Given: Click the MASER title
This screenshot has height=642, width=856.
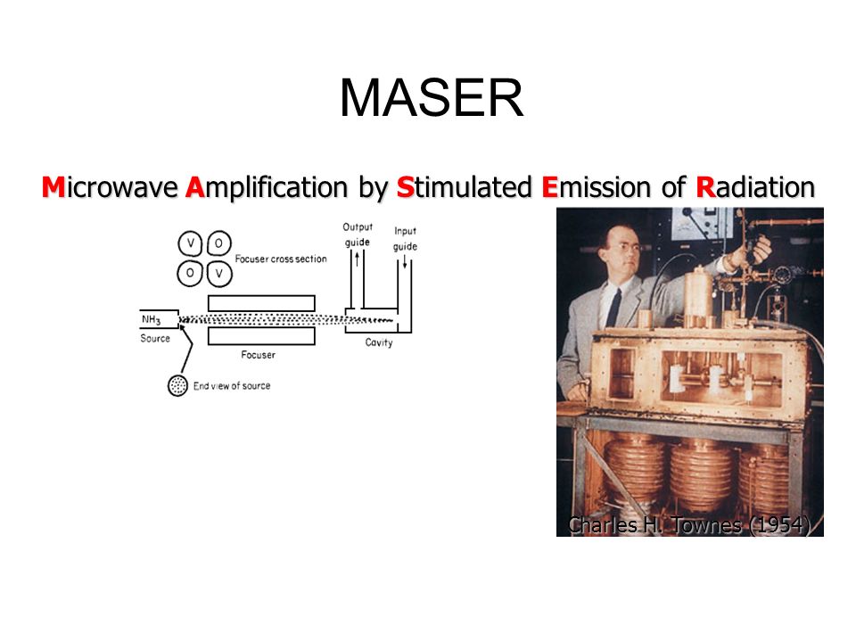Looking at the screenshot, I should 431,98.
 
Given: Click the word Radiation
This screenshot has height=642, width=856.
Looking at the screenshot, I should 755,187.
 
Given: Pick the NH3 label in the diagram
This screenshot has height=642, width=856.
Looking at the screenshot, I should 151,318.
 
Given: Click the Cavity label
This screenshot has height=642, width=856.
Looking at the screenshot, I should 379,342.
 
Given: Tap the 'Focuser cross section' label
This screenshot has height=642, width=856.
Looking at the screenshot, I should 281,259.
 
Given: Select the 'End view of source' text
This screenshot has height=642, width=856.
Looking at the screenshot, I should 233,385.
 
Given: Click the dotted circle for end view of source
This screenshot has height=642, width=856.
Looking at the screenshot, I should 178,385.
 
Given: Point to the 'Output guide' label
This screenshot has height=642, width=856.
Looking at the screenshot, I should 358,234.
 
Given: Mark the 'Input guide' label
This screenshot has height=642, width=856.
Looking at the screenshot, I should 405,239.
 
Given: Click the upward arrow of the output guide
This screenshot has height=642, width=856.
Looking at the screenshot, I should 357,260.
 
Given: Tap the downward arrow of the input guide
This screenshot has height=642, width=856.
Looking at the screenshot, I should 406,262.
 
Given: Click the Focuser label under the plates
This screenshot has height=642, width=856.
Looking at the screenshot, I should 259,355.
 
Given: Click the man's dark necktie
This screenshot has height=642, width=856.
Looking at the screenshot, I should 613,307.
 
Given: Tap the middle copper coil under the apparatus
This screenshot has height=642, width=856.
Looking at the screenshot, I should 699,473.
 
